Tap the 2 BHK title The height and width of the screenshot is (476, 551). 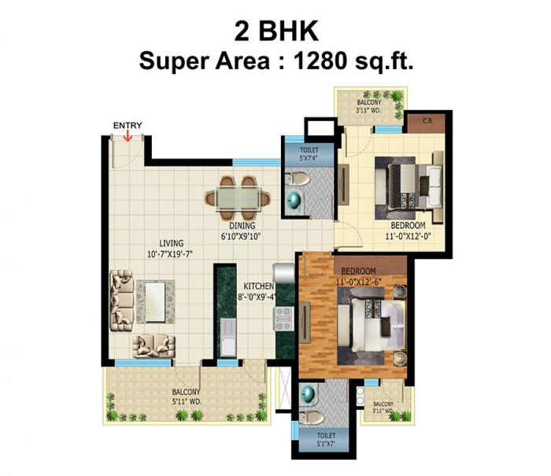pyautogui.click(x=275, y=31)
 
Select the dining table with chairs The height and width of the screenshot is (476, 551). pyautogui.click(x=235, y=195)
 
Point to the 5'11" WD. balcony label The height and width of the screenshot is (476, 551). pyautogui.click(x=187, y=396)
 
